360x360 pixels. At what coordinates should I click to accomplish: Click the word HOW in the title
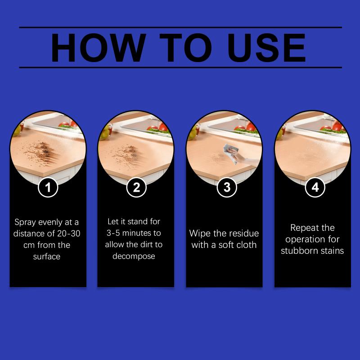coord(99,48)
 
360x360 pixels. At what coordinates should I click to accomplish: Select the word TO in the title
coord(185,48)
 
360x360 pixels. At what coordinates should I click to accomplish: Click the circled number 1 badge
coord(48,187)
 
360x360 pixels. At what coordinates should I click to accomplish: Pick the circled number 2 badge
coord(136,187)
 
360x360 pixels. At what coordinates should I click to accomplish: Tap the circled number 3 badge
coord(227,187)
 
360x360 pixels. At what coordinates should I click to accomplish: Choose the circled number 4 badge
coord(315,187)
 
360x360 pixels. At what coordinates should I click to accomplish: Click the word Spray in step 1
coord(25,222)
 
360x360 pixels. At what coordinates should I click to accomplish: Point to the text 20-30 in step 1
coord(69,234)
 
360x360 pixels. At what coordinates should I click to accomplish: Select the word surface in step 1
coord(47,256)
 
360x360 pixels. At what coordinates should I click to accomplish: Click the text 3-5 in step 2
coord(113,233)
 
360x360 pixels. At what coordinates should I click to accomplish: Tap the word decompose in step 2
coord(134,256)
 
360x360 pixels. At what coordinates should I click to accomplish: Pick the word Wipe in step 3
coord(200,233)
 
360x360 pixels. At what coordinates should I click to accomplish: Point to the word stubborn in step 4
coord(298,251)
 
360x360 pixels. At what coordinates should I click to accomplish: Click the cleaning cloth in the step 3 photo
coord(231,153)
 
